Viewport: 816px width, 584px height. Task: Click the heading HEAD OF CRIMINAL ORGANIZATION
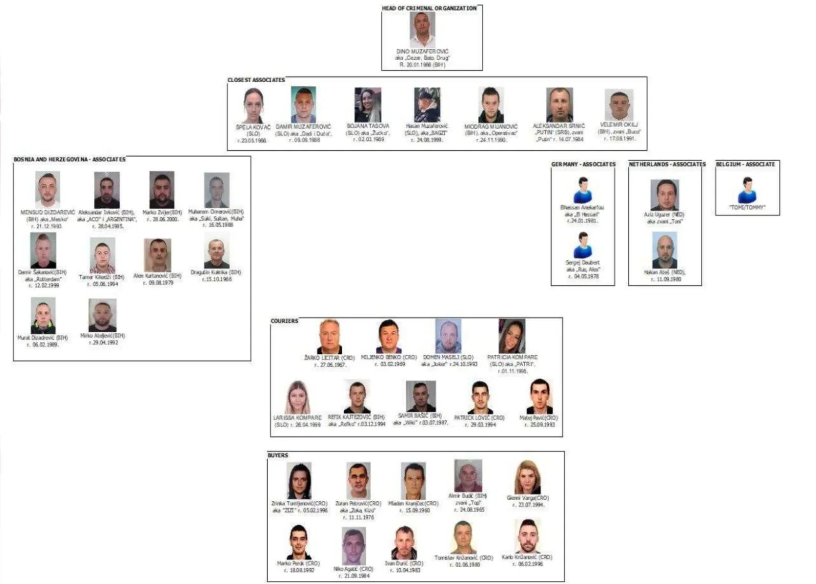click(429, 8)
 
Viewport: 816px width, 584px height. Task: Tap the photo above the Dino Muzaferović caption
click(423, 30)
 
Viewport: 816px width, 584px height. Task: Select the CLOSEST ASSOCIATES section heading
click(256, 80)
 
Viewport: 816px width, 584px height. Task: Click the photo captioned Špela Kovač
click(253, 106)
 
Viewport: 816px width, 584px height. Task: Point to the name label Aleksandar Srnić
click(559, 126)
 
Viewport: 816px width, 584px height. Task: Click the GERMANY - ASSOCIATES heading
click(583, 164)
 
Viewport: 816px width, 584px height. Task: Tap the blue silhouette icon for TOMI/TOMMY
click(747, 190)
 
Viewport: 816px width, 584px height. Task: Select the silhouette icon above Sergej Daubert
click(583, 245)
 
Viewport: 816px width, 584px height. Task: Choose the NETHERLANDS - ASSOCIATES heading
click(667, 164)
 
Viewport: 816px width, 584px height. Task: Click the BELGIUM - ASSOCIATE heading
click(745, 164)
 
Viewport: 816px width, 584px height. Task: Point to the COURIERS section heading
click(284, 321)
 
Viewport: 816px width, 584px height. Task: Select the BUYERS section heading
click(278, 455)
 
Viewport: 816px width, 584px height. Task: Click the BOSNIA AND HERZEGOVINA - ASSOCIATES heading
click(69, 160)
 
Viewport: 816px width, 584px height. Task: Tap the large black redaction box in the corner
click(47, 29)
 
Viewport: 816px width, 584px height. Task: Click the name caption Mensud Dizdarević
click(47, 212)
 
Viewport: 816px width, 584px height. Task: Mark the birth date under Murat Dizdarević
click(43, 345)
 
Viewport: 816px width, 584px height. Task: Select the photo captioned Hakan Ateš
click(665, 250)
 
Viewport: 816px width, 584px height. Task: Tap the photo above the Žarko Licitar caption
click(329, 336)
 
